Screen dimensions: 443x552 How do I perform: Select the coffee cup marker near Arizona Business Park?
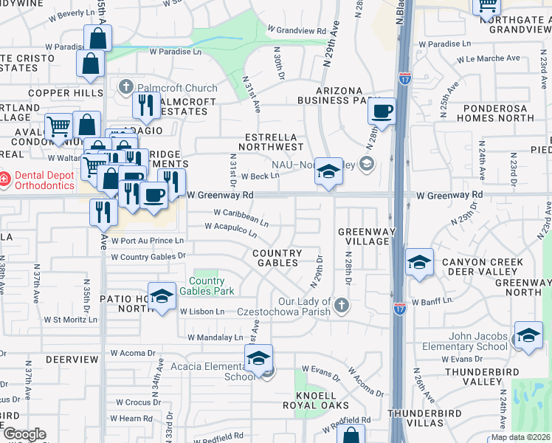382,111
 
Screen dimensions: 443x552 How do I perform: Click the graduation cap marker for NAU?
328,171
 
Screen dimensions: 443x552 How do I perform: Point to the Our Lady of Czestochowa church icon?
340,304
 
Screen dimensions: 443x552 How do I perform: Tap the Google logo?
24,434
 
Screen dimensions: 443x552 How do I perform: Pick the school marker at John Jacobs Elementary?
528,336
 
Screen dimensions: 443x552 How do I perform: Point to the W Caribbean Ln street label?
241,216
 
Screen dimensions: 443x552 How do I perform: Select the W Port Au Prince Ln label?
147,241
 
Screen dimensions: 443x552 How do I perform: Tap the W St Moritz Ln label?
70,320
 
